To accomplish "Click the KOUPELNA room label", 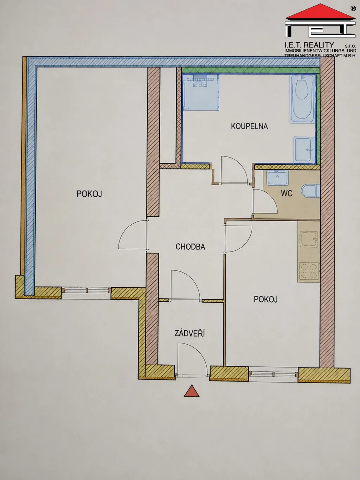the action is click(x=249, y=126).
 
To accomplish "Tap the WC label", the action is click(x=287, y=193).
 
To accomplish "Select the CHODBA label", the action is click(x=191, y=247).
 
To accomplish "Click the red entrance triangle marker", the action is click(x=192, y=391).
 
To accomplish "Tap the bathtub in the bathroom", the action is click(x=302, y=99).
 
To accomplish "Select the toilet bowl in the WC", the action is click(x=310, y=191).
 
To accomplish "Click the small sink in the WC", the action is click(x=277, y=178).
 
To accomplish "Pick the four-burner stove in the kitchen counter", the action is click(x=308, y=271).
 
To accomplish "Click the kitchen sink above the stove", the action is click(x=309, y=239).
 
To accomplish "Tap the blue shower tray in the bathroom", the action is click(x=201, y=92).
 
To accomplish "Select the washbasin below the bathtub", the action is click(x=304, y=150).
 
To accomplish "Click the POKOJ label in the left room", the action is click(x=89, y=194).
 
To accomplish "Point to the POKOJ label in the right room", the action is click(x=265, y=299).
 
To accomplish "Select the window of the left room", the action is click(x=86, y=290).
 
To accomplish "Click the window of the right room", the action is click(x=273, y=374).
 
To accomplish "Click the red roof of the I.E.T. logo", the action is click(x=320, y=12).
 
